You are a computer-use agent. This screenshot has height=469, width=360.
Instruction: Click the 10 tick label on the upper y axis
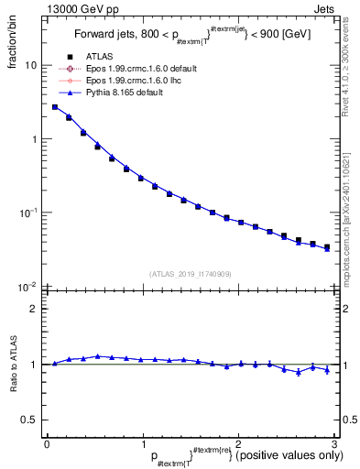point(29,66)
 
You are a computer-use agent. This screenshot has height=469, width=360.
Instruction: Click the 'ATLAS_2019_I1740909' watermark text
point(191,274)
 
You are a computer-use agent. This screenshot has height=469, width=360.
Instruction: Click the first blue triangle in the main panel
point(55,107)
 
